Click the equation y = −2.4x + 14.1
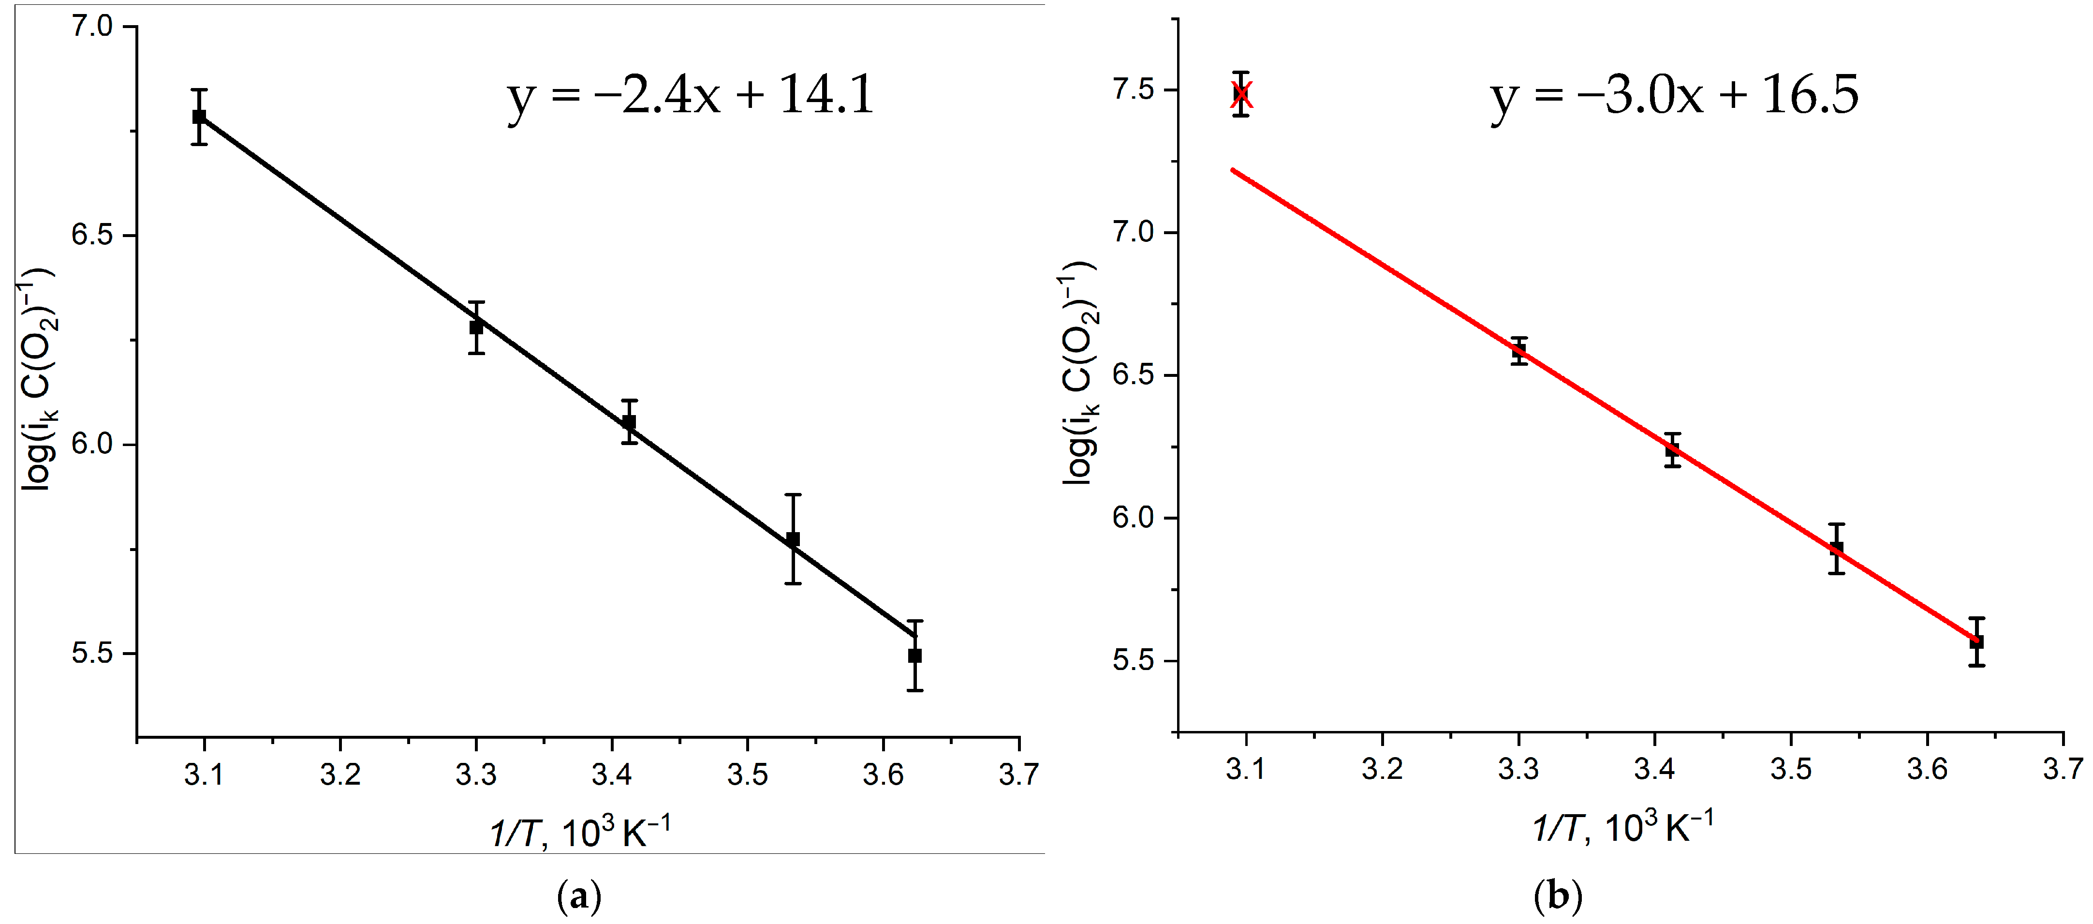click(x=691, y=96)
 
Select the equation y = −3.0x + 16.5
click(x=1674, y=96)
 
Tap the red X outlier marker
click(x=1241, y=94)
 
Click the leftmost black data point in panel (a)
click(x=199, y=117)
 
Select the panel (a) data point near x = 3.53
click(x=793, y=539)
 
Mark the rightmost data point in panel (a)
click(x=915, y=655)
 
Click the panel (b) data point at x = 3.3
click(x=1518, y=351)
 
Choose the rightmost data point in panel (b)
click(x=1977, y=641)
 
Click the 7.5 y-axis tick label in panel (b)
click(x=1134, y=89)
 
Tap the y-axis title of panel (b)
click(x=1081, y=374)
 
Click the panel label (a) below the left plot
click(x=579, y=897)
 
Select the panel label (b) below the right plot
click(x=1558, y=897)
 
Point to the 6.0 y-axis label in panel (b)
click(x=1134, y=518)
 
